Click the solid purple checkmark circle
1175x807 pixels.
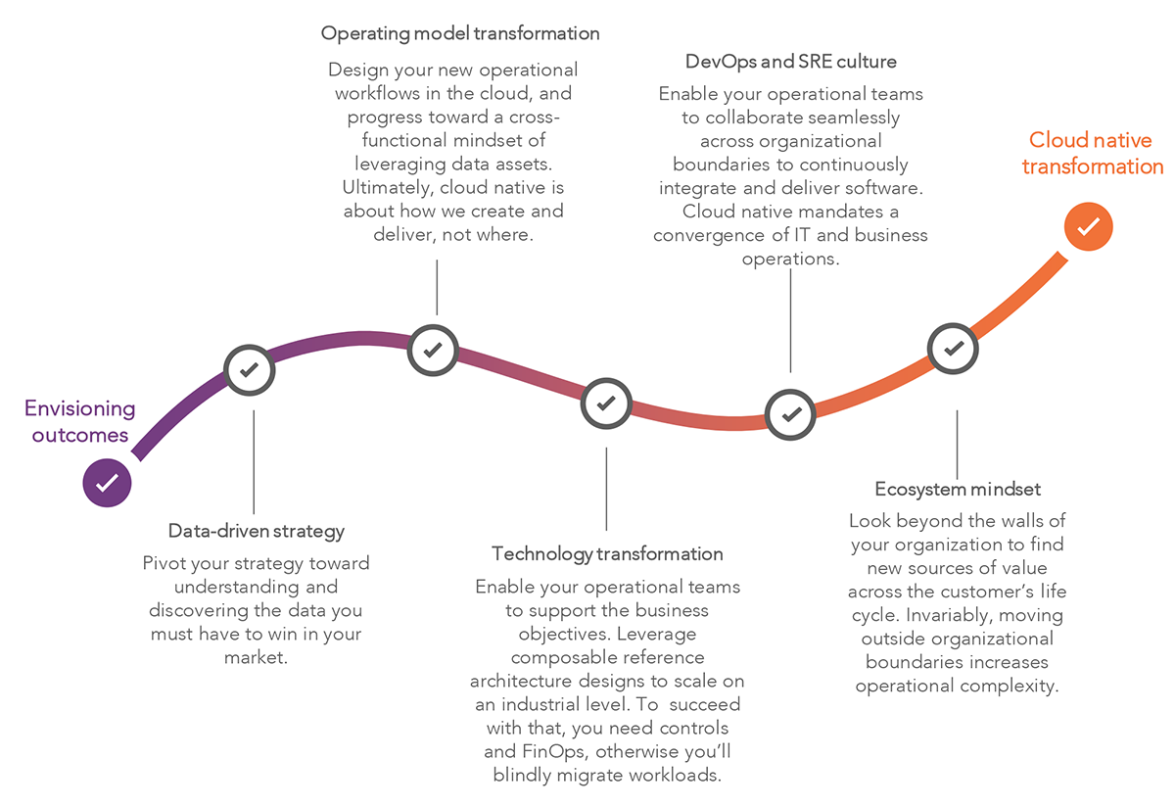(108, 482)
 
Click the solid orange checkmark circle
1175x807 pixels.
(1088, 227)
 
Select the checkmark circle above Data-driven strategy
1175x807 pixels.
(250, 370)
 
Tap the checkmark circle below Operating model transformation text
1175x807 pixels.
(434, 348)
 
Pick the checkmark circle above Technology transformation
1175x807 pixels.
(606, 403)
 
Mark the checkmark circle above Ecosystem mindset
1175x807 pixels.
(954, 348)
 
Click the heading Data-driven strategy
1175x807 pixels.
(257, 531)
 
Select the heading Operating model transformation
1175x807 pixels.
(460, 33)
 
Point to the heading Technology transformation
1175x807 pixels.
(607, 554)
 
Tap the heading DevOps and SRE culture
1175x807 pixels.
(791, 62)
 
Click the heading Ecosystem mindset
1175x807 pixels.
(957, 489)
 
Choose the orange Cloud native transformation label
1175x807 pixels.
(1092, 154)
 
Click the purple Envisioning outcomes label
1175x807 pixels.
(80, 421)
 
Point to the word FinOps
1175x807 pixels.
(544, 752)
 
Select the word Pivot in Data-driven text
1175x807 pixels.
(164, 563)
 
